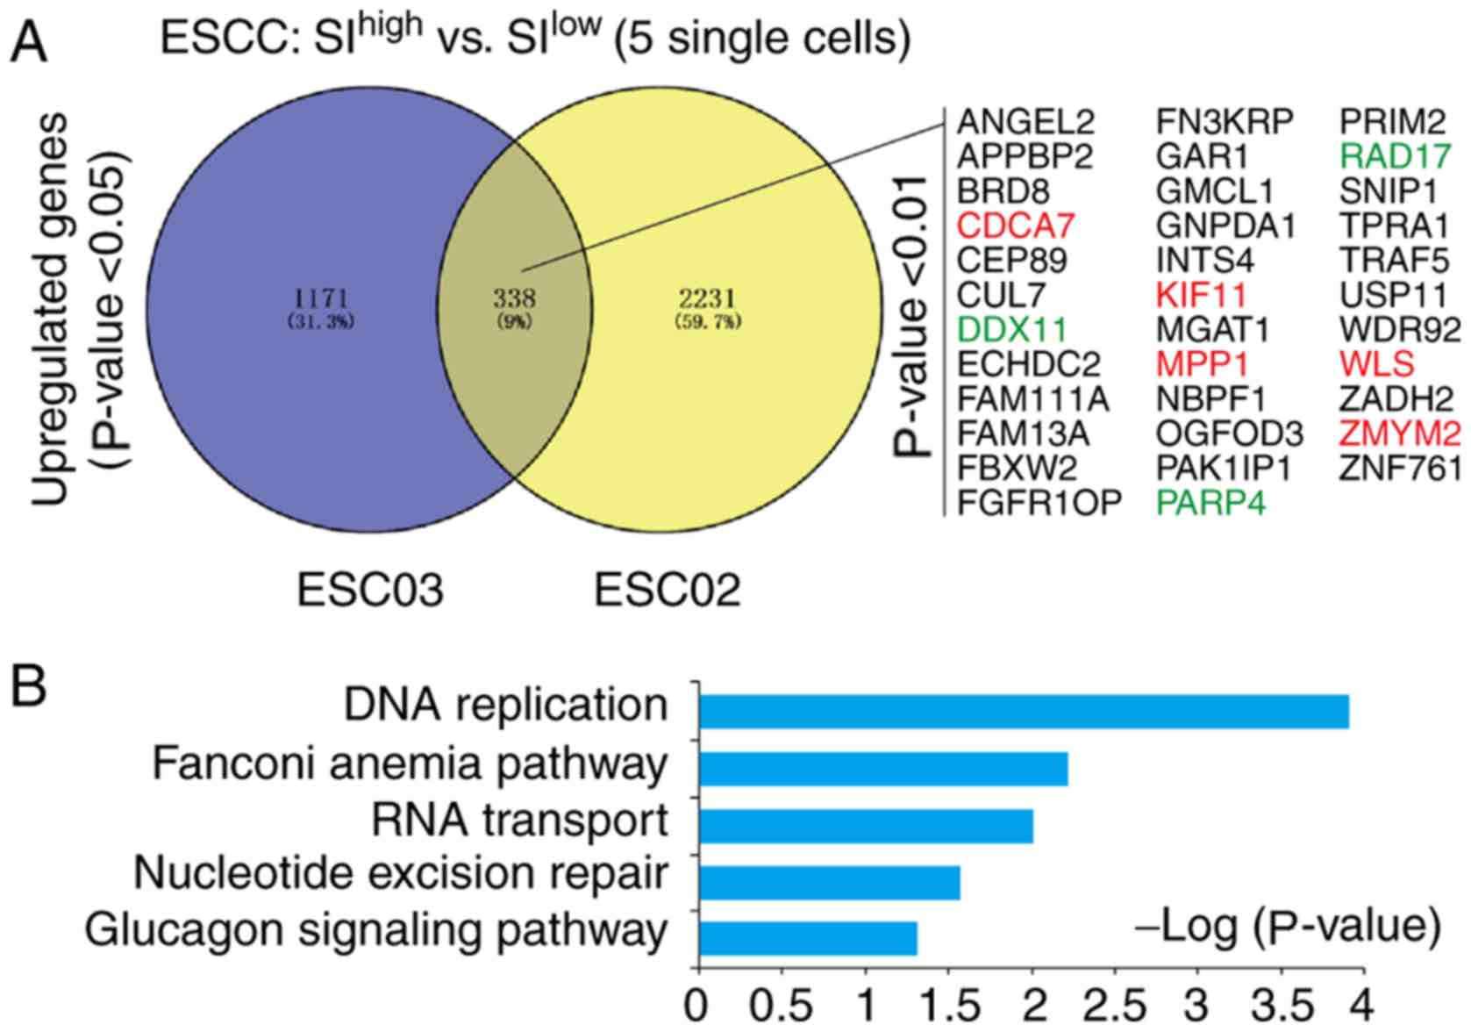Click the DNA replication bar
coord(1023,711)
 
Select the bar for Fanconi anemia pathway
coord(882,769)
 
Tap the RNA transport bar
coord(865,826)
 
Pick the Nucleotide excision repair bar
coord(829,883)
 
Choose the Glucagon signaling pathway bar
coord(807,939)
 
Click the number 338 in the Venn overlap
coord(514,297)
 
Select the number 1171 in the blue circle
coord(321,297)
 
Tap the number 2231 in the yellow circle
coord(708,297)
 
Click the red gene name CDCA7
coord(1015,226)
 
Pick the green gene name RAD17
coord(1396,156)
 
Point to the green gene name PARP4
coord(1211,503)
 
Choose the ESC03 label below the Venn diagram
coord(369,590)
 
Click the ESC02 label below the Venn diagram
coord(667,590)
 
